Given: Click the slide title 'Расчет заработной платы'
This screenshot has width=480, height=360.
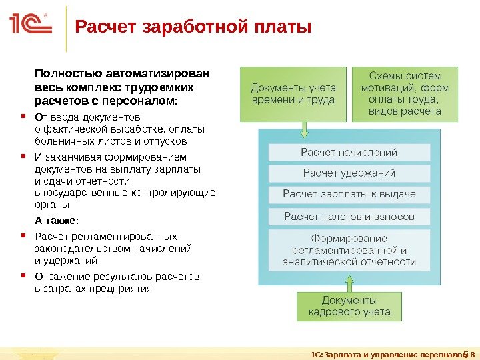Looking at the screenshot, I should click(193, 28).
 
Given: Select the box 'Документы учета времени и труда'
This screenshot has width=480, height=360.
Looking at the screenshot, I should click(293, 93).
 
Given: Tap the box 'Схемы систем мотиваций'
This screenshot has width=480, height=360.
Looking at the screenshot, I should click(405, 93).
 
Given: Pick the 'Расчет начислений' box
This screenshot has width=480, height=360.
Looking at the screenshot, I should click(349, 153).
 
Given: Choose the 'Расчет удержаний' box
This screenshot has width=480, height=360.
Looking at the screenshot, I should click(349, 173).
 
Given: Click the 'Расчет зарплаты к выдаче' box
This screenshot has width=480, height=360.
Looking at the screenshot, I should click(349, 195).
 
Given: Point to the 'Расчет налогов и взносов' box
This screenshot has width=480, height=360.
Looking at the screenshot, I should click(349, 217).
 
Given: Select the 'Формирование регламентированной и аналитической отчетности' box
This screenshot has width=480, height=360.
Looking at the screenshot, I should click(349, 250).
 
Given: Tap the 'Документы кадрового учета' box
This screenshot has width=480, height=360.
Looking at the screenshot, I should click(349, 306).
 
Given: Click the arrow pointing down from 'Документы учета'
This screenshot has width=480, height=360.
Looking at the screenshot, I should click(304, 129).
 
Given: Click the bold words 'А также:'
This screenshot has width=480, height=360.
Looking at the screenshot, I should click(56, 220).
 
